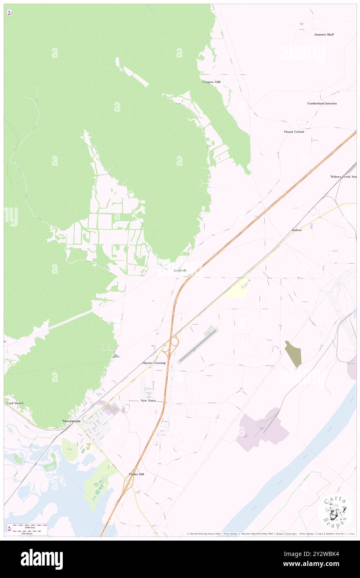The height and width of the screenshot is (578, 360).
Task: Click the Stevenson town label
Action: click(x=71, y=421)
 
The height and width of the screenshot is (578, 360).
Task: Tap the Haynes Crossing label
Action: click(x=154, y=363)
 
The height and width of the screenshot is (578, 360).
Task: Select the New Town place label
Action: click(x=148, y=400)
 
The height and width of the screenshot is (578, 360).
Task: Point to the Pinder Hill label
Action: click(x=136, y=474)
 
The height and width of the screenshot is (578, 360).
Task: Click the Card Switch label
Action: click(x=15, y=403)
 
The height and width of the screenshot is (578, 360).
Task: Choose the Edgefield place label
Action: click(x=180, y=271)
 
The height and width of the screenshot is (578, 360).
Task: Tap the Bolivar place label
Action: click(x=296, y=230)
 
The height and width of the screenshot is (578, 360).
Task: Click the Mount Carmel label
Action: click(x=294, y=131)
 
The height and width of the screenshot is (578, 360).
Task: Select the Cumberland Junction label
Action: click(x=322, y=103)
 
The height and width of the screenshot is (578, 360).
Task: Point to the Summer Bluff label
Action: click(x=324, y=35)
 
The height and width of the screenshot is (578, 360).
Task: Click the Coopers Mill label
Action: click(x=211, y=82)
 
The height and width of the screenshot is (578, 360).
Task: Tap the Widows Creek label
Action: click(x=343, y=177)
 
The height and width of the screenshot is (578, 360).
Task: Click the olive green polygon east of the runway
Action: click(x=293, y=353)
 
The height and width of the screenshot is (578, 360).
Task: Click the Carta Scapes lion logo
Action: click(x=335, y=512)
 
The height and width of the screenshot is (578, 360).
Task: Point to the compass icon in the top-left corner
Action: click(x=9, y=13)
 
